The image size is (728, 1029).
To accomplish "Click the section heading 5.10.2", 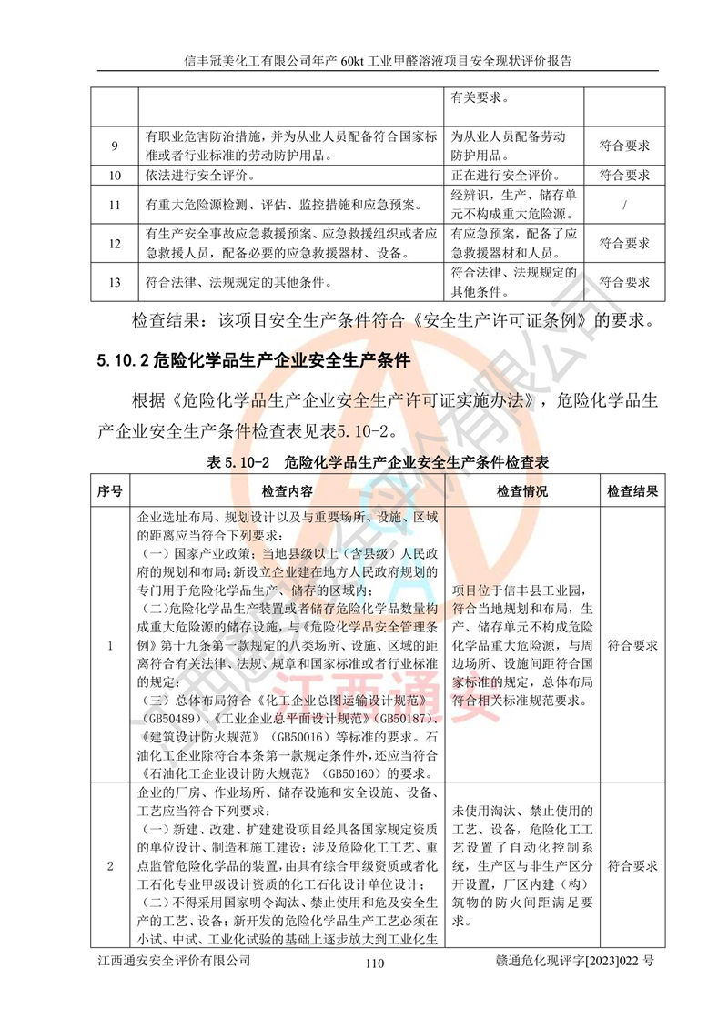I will pyautogui.click(x=255, y=361).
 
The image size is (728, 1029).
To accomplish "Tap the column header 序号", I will pyautogui.click(x=110, y=491).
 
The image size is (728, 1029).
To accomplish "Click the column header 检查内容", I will pyautogui.click(x=288, y=491).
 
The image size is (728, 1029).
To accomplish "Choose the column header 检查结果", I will pyautogui.click(x=632, y=491).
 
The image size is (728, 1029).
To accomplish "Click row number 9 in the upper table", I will pyautogui.click(x=115, y=146).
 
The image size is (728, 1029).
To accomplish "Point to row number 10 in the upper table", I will pyautogui.click(x=115, y=176).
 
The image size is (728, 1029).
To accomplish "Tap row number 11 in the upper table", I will pyautogui.click(x=115, y=205).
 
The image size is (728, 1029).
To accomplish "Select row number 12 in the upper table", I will pyautogui.click(x=115, y=244).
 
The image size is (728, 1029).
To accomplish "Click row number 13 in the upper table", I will pyautogui.click(x=115, y=282).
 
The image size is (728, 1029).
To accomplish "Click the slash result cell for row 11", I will pyautogui.click(x=624, y=205).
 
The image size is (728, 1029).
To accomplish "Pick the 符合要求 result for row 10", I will pyautogui.click(x=624, y=176).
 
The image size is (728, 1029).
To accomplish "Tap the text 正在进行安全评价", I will pyautogui.click(x=505, y=176).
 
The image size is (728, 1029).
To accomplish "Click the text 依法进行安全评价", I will pyautogui.click(x=200, y=176).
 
